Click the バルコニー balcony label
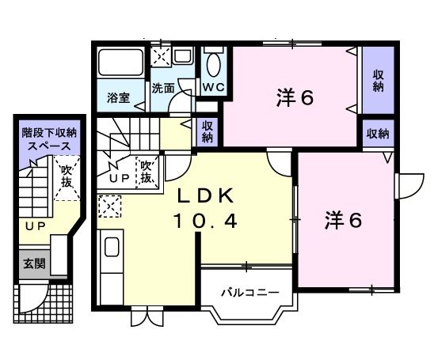(x=249, y=293)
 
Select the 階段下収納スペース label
(x=49, y=139)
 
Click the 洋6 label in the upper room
(x=295, y=98)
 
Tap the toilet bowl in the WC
(x=214, y=63)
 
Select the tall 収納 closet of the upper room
(x=379, y=81)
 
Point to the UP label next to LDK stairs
(x=120, y=178)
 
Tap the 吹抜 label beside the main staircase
(x=146, y=172)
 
